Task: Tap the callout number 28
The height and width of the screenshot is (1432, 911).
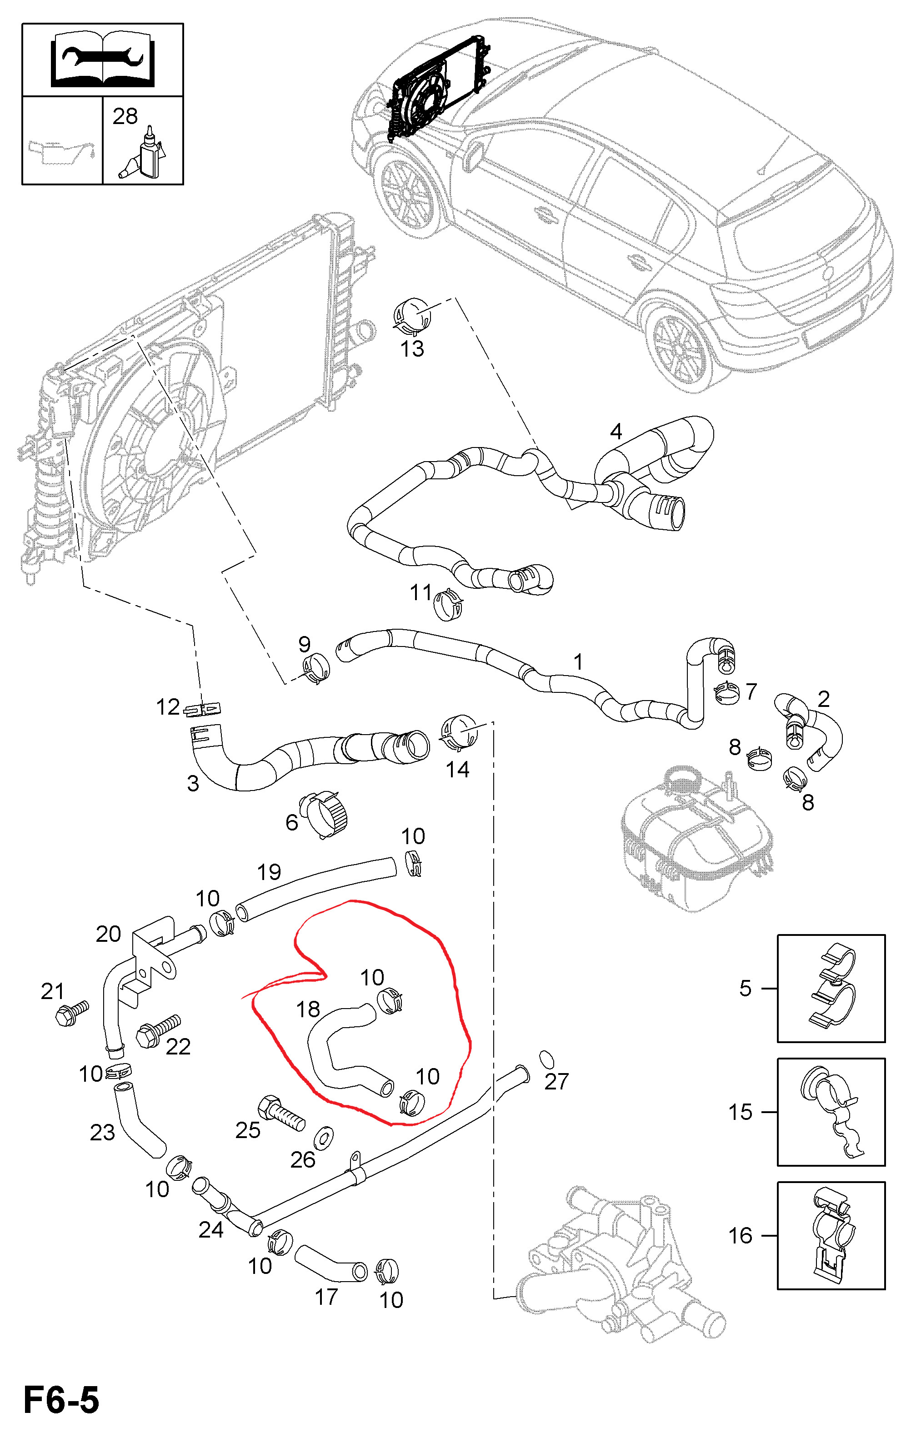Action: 125,117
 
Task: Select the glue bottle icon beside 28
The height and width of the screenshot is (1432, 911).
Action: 145,154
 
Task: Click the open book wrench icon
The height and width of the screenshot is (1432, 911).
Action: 102,60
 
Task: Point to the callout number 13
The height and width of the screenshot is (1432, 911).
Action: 412,349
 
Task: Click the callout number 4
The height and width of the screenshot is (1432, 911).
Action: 616,431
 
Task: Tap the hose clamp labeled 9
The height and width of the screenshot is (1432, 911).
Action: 315,668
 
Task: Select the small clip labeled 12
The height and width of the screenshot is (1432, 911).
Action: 203,709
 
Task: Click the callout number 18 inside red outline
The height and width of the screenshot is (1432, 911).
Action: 308,1009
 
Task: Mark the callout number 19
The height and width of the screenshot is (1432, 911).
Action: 269,872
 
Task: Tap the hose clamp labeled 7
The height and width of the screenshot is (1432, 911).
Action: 726,691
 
